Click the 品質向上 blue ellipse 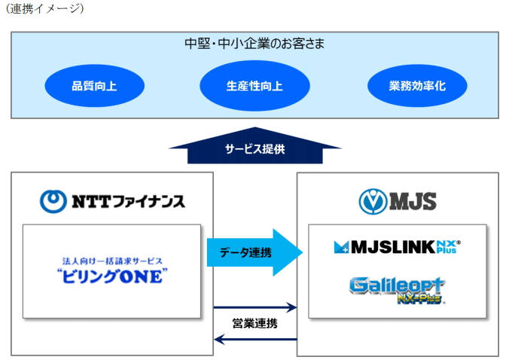coord(95,86)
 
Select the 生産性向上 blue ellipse coord(255,86)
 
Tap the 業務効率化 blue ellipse coord(417,86)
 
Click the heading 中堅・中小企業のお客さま coord(255,44)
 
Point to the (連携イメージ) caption coord(44,8)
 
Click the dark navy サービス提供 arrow coord(255,146)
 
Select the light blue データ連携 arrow coord(255,252)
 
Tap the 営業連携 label coord(255,323)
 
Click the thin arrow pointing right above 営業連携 coord(255,307)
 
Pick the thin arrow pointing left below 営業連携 coord(255,340)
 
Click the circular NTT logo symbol coord(53,201)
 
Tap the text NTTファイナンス coord(129,202)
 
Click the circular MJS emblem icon coord(373,202)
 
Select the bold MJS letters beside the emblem coord(413,202)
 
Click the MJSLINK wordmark coord(393,247)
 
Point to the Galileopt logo coord(397,290)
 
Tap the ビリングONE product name coord(112,276)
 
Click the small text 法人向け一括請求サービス coord(112,261)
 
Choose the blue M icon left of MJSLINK coord(341,247)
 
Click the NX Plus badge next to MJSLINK coord(448,247)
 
